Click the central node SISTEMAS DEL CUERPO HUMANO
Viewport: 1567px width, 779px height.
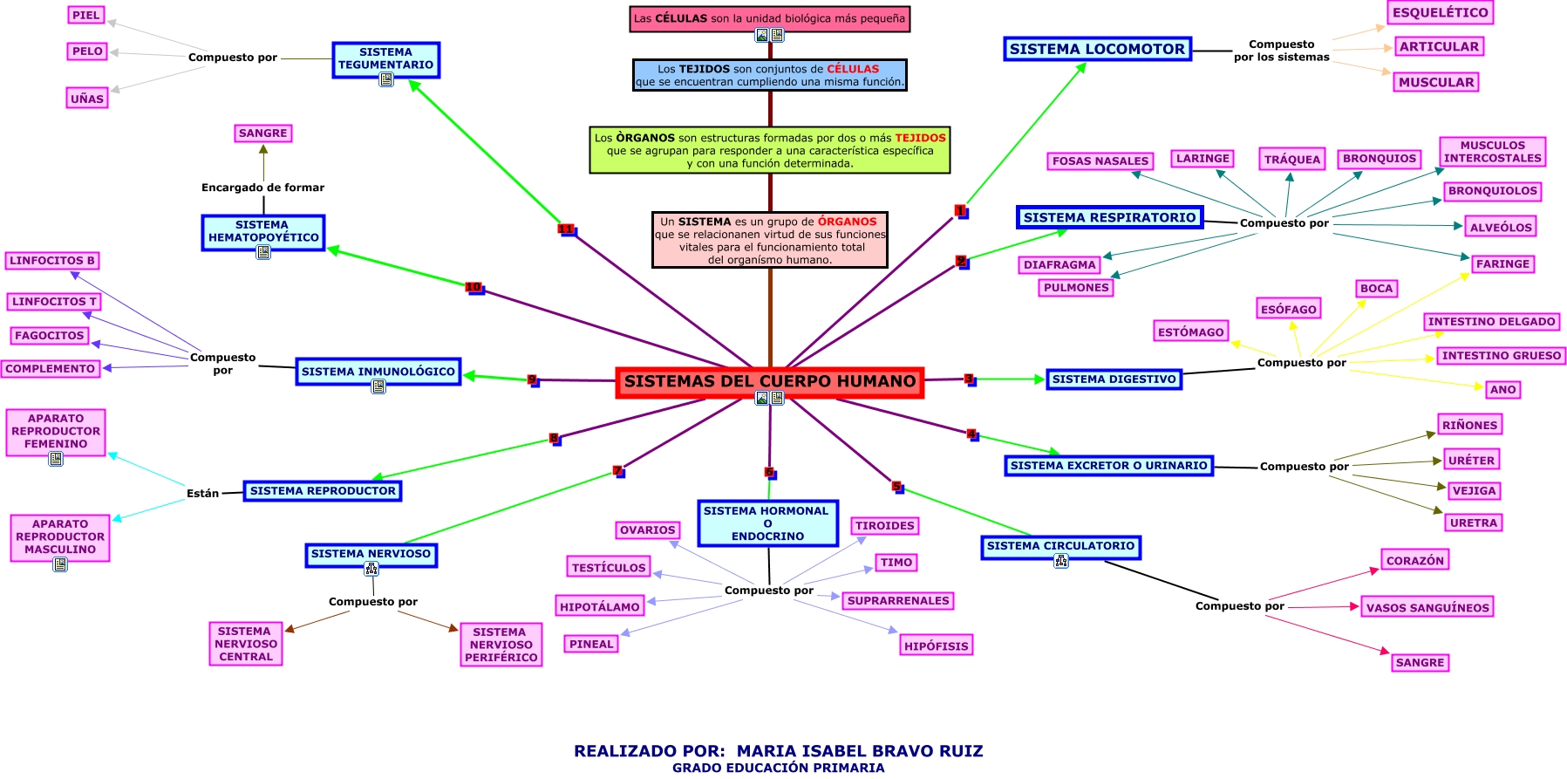pos(769,381)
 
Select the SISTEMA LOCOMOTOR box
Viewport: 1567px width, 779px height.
pos(1097,49)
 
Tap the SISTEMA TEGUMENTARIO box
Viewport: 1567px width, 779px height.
pos(385,58)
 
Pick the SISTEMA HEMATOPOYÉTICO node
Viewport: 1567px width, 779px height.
pos(263,231)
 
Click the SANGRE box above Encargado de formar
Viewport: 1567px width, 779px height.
pos(262,133)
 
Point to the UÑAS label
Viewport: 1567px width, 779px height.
pos(87,99)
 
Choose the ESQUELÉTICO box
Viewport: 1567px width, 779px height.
pos(1440,12)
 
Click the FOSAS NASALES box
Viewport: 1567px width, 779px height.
pos(1100,161)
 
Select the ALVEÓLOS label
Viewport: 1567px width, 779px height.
pos(1501,227)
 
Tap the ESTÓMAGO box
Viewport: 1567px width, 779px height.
pos(1191,331)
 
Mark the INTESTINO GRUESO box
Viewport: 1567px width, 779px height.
pos(1501,355)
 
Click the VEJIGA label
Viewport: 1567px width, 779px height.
pos(1474,490)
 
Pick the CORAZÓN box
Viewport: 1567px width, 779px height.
pos(1415,560)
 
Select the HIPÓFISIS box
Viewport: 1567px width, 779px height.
pos(936,646)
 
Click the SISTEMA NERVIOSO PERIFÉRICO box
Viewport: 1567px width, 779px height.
pos(501,645)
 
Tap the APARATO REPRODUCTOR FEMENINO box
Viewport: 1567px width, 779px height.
pos(56,431)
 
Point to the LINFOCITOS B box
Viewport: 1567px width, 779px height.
pos(52,260)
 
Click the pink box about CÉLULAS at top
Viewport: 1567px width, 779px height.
pos(769,18)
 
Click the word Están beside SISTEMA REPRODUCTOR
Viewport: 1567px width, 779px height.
pos(202,493)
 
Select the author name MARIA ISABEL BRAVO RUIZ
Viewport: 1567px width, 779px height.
pos(860,750)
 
